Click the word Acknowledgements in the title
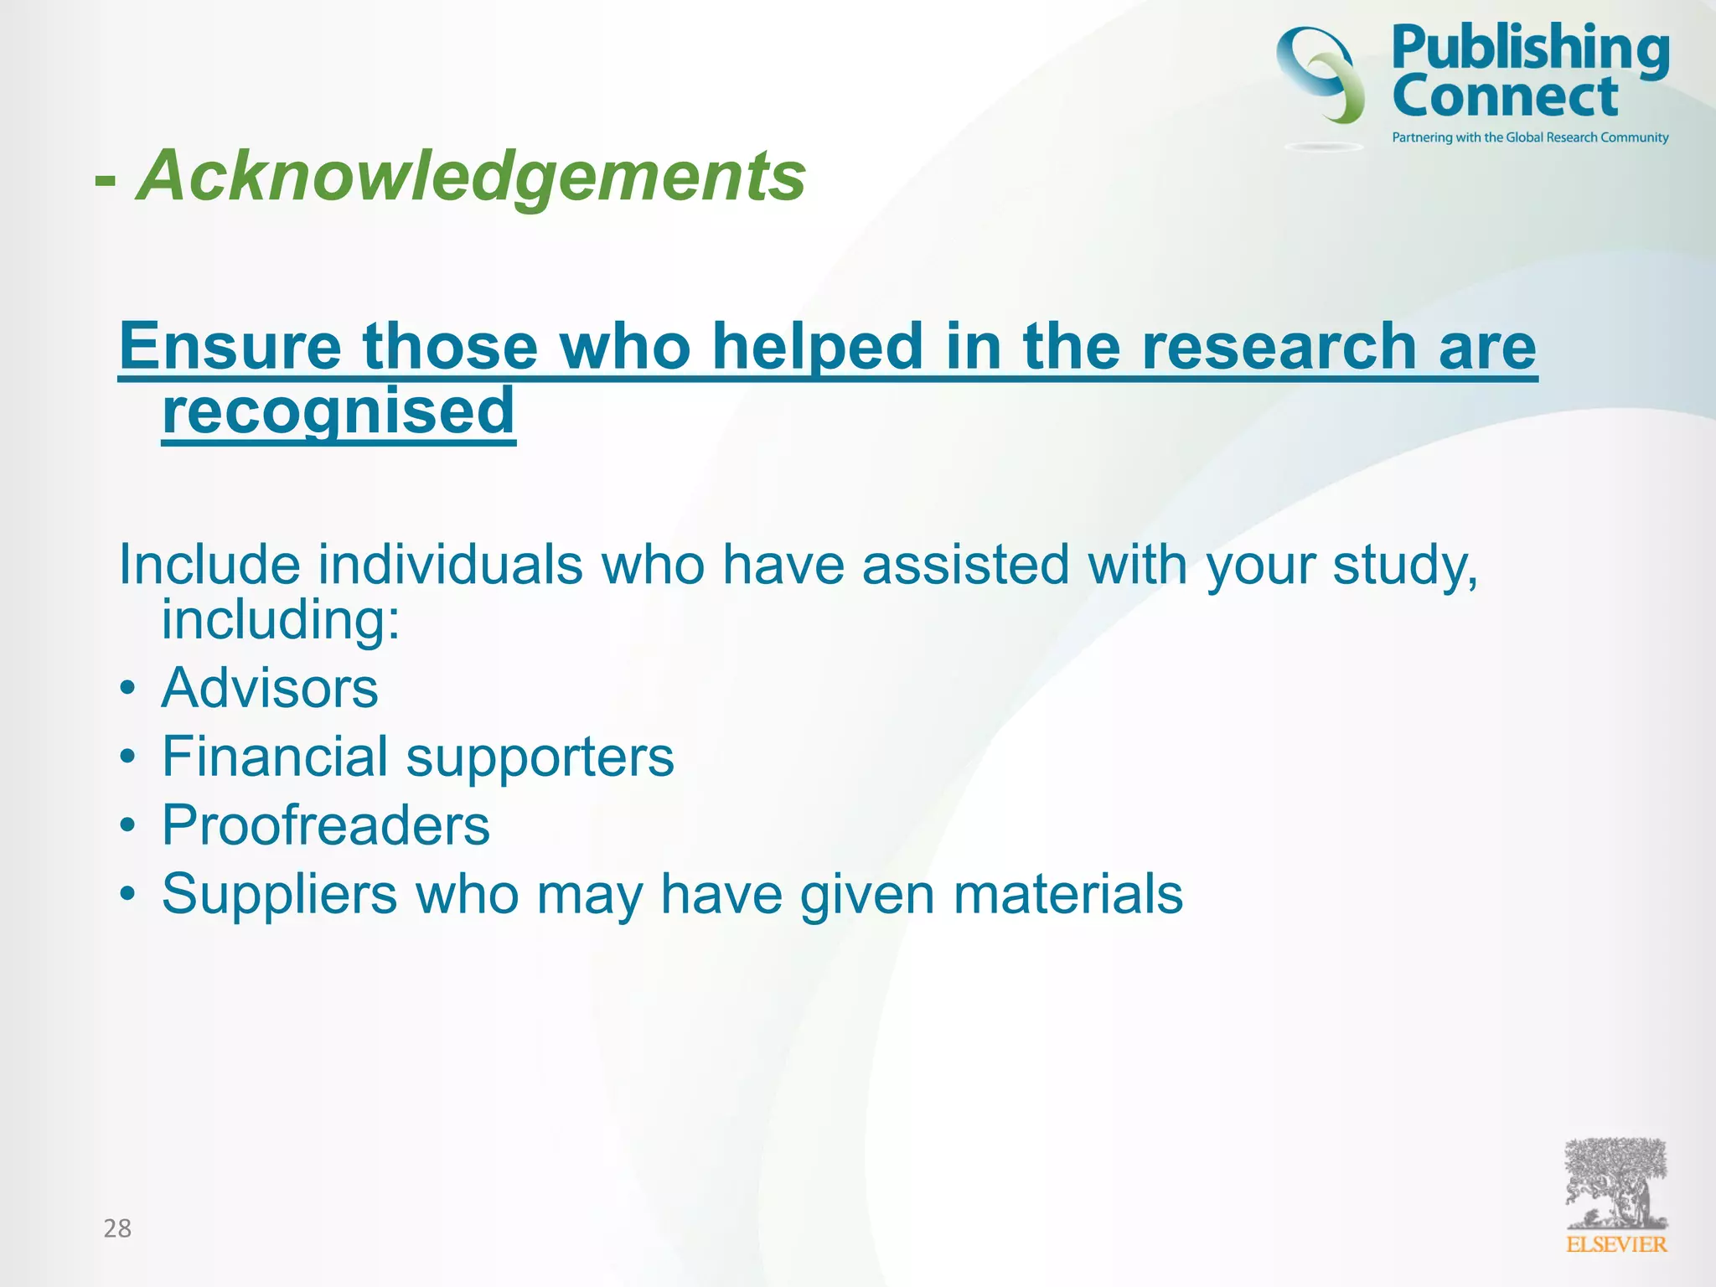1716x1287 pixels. (471, 176)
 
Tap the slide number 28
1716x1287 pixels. (117, 1228)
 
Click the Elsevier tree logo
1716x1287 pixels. (1615, 1183)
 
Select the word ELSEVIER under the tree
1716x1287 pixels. (1616, 1245)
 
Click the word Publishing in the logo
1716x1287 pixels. (1530, 49)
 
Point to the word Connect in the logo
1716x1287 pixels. (1505, 96)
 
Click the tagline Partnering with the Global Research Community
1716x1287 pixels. (1530, 137)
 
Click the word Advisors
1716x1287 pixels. (270, 688)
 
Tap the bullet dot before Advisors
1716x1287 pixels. (127, 689)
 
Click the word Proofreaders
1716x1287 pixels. (326, 825)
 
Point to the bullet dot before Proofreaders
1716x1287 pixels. (127, 826)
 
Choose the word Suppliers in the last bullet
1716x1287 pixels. (279, 894)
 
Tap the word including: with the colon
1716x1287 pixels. (281, 620)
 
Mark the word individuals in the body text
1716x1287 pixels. (450, 565)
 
